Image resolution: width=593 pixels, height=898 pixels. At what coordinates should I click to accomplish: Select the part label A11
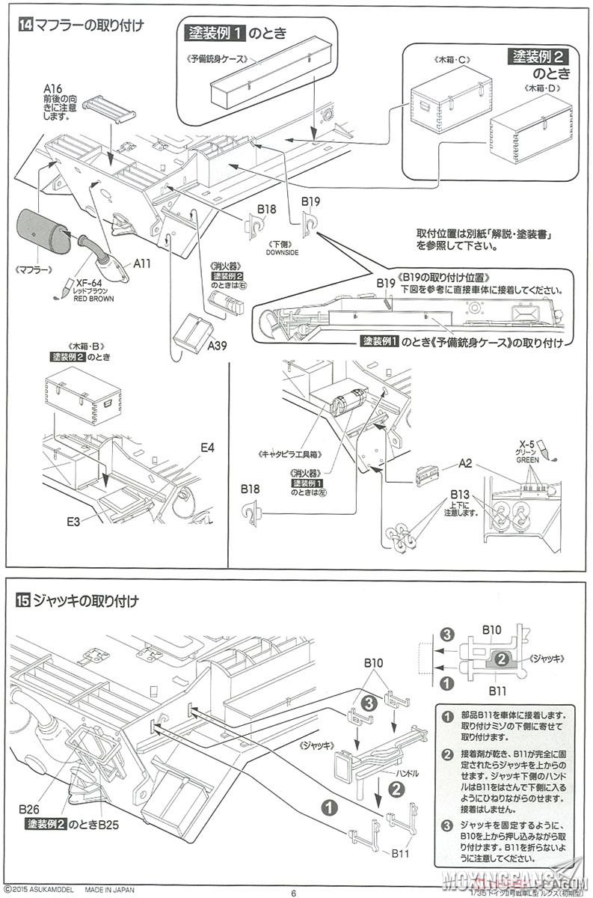pos(143,263)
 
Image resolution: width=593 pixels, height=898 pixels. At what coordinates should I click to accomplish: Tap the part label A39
pos(217,345)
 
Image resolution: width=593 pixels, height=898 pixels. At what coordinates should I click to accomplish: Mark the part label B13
pos(460,495)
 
